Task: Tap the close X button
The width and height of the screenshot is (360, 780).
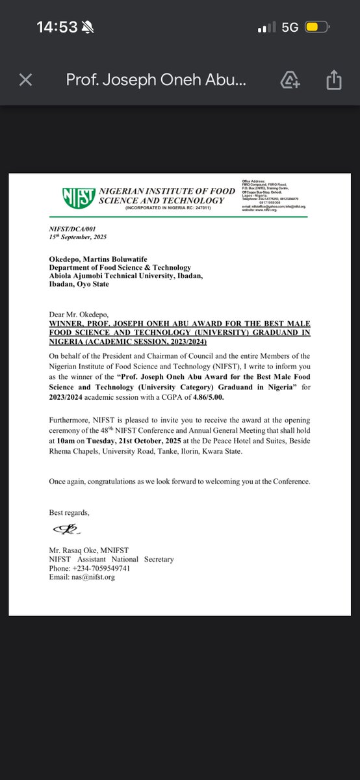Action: coord(25,80)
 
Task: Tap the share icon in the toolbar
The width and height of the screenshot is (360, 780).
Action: coord(333,80)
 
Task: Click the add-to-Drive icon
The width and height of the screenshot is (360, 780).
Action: coord(290,80)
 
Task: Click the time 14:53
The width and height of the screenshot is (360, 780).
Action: coord(57,27)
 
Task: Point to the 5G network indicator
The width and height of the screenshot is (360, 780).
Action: coord(290,27)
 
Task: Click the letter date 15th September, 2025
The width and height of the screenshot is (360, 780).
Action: coord(78,239)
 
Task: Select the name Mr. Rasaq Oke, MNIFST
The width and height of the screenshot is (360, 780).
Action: coord(89,550)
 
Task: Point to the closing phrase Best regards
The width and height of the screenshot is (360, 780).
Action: coord(69,513)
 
